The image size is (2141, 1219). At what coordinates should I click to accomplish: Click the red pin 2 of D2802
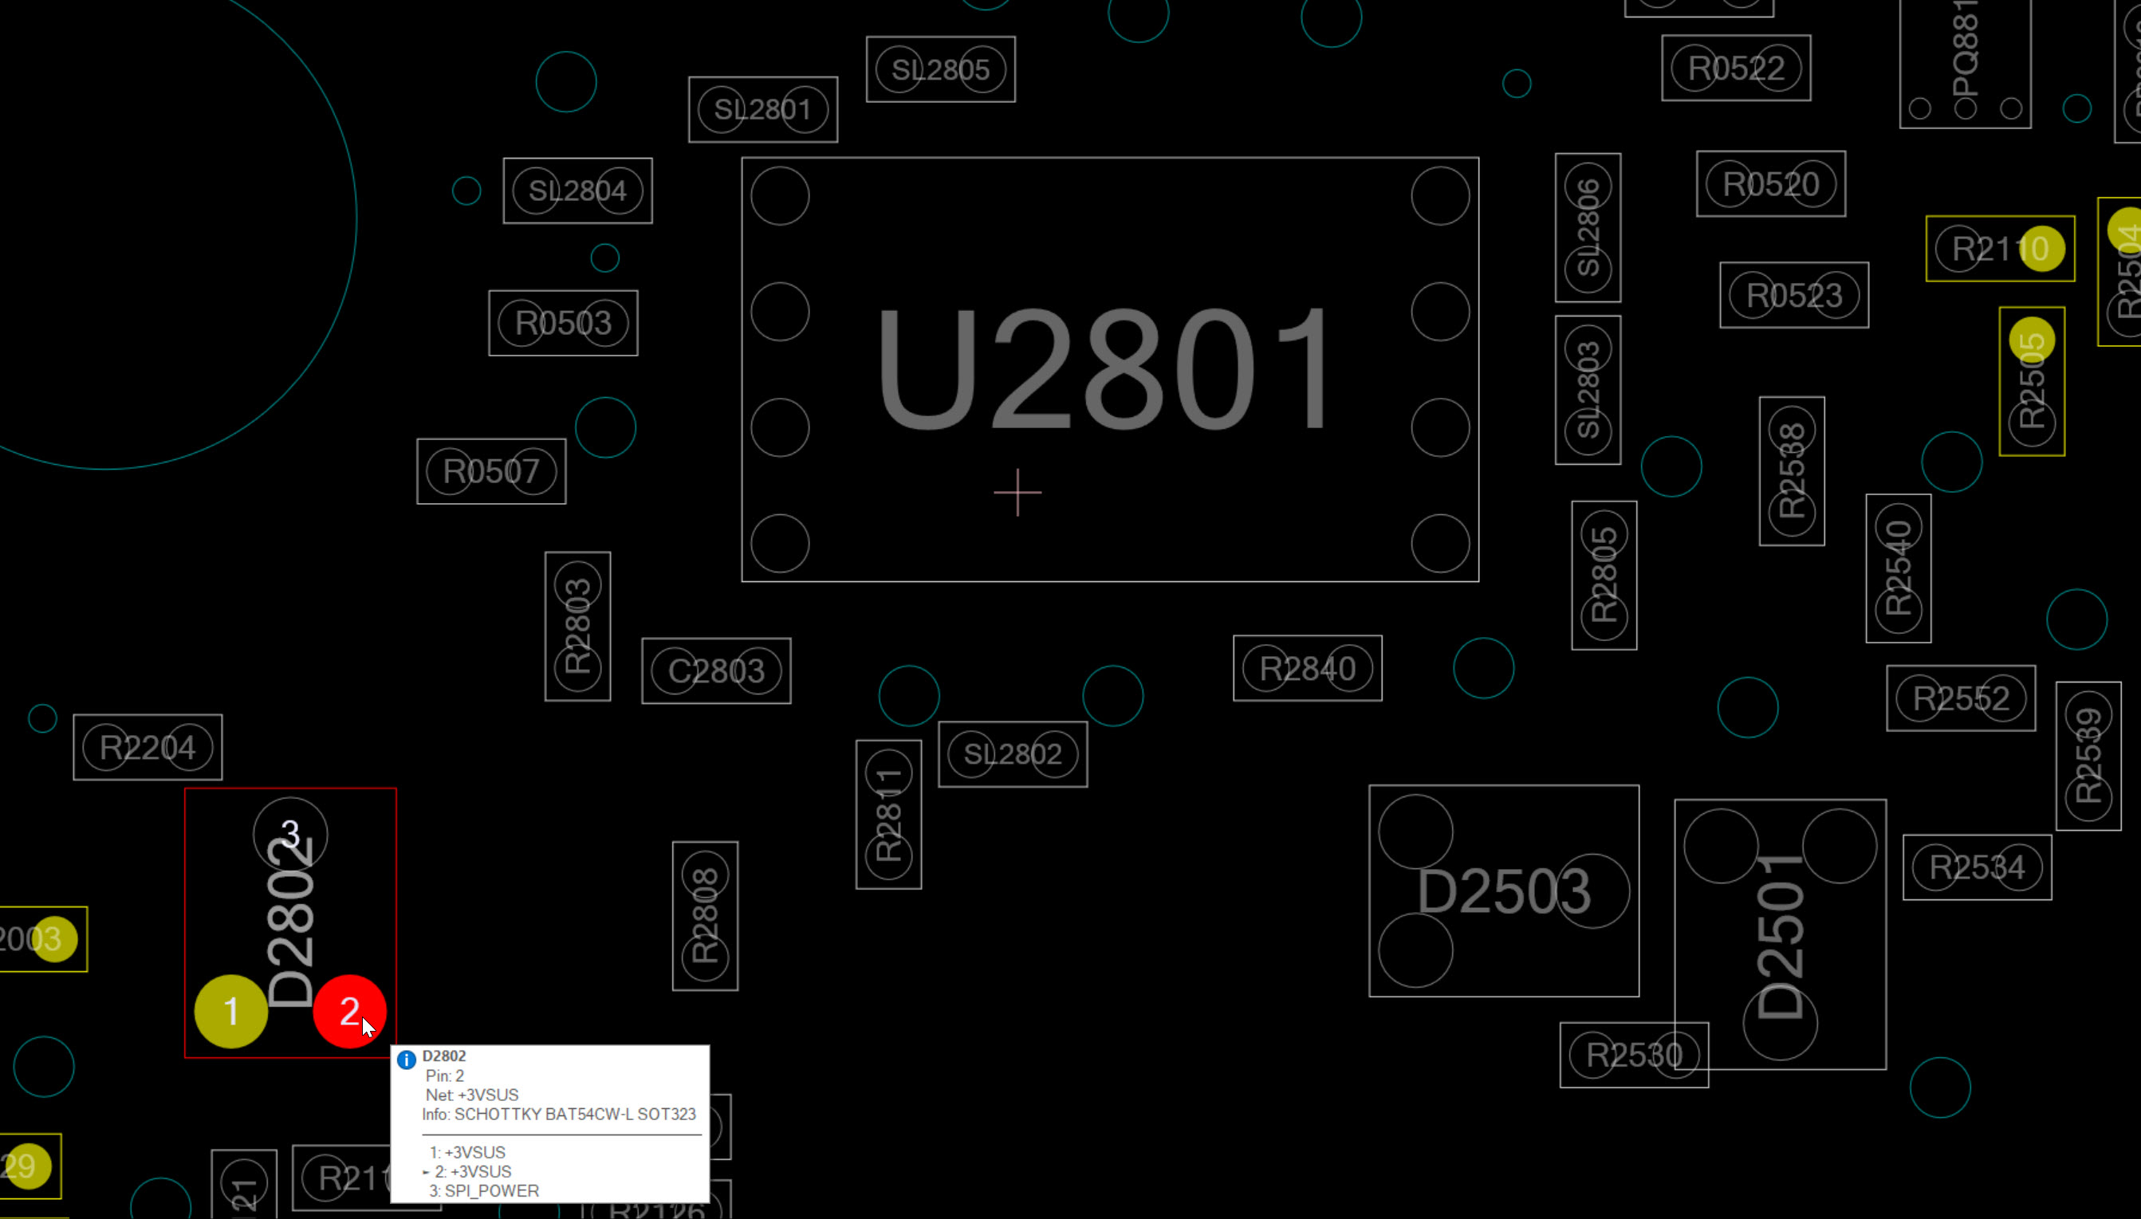[348, 1011]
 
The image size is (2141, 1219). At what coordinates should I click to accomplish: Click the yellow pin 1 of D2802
[231, 1011]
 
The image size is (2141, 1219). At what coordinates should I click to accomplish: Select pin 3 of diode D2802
[289, 834]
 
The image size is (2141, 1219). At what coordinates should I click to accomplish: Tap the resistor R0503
[563, 323]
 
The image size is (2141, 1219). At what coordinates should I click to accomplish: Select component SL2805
[940, 69]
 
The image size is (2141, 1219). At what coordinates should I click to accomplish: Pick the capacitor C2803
[716, 670]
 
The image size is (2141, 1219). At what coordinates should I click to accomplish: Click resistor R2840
[1307, 668]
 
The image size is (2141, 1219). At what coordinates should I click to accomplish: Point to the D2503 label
[1503, 891]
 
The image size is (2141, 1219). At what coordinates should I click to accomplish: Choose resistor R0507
[490, 471]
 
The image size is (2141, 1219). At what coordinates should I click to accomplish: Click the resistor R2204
[148, 747]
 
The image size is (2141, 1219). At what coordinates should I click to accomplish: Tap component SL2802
[1013, 754]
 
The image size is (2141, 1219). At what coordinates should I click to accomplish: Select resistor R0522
[1736, 68]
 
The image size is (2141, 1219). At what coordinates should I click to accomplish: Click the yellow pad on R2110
[2041, 249]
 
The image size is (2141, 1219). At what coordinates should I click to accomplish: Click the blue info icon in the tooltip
[407, 1060]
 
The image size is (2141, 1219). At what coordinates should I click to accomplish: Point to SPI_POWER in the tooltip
[491, 1190]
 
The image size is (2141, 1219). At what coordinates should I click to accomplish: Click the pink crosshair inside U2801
[1017, 492]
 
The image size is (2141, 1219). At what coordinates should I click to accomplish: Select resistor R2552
[1960, 698]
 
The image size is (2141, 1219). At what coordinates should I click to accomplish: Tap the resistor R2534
[1977, 867]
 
